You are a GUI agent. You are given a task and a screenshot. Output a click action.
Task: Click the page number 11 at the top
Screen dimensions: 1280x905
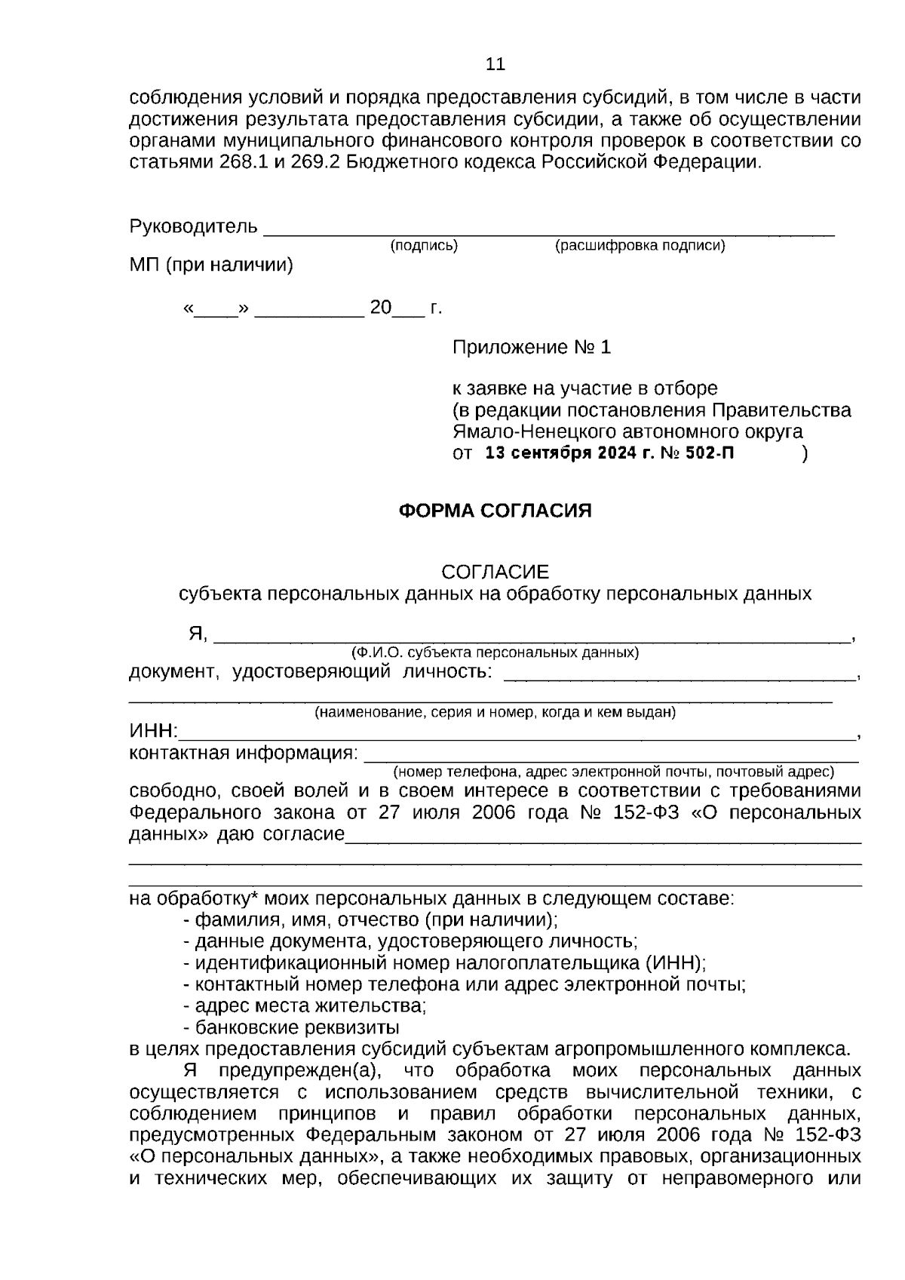point(495,64)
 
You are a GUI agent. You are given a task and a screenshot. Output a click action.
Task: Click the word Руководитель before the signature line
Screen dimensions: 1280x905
point(193,226)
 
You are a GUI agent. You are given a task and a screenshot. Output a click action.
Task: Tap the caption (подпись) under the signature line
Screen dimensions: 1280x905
point(424,246)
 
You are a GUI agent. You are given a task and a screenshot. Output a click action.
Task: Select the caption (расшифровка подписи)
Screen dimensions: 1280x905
point(640,246)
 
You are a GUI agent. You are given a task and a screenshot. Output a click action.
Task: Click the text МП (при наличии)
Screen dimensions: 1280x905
point(211,266)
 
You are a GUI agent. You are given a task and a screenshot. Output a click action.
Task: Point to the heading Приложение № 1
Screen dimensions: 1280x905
point(531,348)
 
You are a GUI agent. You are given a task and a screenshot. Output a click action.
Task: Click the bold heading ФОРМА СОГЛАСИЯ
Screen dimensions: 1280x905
point(495,511)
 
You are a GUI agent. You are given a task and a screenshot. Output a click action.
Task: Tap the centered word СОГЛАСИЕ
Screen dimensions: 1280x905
point(495,572)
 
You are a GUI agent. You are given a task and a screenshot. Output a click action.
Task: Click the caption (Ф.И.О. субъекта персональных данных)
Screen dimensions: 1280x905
point(495,652)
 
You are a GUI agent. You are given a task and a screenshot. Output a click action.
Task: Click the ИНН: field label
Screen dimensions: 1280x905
point(153,731)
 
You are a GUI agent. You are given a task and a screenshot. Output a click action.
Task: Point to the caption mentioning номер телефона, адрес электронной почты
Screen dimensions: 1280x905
point(612,772)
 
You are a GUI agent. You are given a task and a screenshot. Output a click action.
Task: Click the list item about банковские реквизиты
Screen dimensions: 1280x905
point(297,1027)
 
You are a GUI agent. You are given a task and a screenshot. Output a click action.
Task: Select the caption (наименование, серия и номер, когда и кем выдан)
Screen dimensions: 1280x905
point(495,712)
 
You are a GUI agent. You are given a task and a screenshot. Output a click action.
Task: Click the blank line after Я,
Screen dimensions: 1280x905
point(531,637)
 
